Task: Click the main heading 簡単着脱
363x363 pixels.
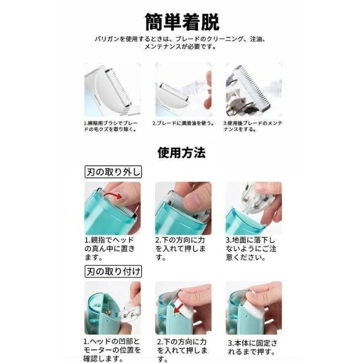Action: click(x=182, y=22)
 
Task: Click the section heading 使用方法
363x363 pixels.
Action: click(x=181, y=152)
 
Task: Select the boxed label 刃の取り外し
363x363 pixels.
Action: click(x=113, y=172)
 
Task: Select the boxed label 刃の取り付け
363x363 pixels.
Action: click(x=113, y=271)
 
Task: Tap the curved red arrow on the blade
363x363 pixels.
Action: click(x=113, y=196)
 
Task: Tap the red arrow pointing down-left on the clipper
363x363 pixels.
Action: click(x=178, y=308)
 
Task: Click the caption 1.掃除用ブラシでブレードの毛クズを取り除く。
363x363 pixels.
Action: click(x=111, y=126)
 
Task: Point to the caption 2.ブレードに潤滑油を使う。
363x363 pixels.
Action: click(x=183, y=123)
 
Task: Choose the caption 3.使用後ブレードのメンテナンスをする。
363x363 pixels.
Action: click(x=253, y=126)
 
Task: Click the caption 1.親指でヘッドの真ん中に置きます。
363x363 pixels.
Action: click(x=110, y=249)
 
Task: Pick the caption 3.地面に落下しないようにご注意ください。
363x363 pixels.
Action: click(x=251, y=249)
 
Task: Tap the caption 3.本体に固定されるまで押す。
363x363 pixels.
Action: click(x=252, y=347)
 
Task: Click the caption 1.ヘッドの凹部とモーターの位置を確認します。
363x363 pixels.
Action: click(x=112, y=350)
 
